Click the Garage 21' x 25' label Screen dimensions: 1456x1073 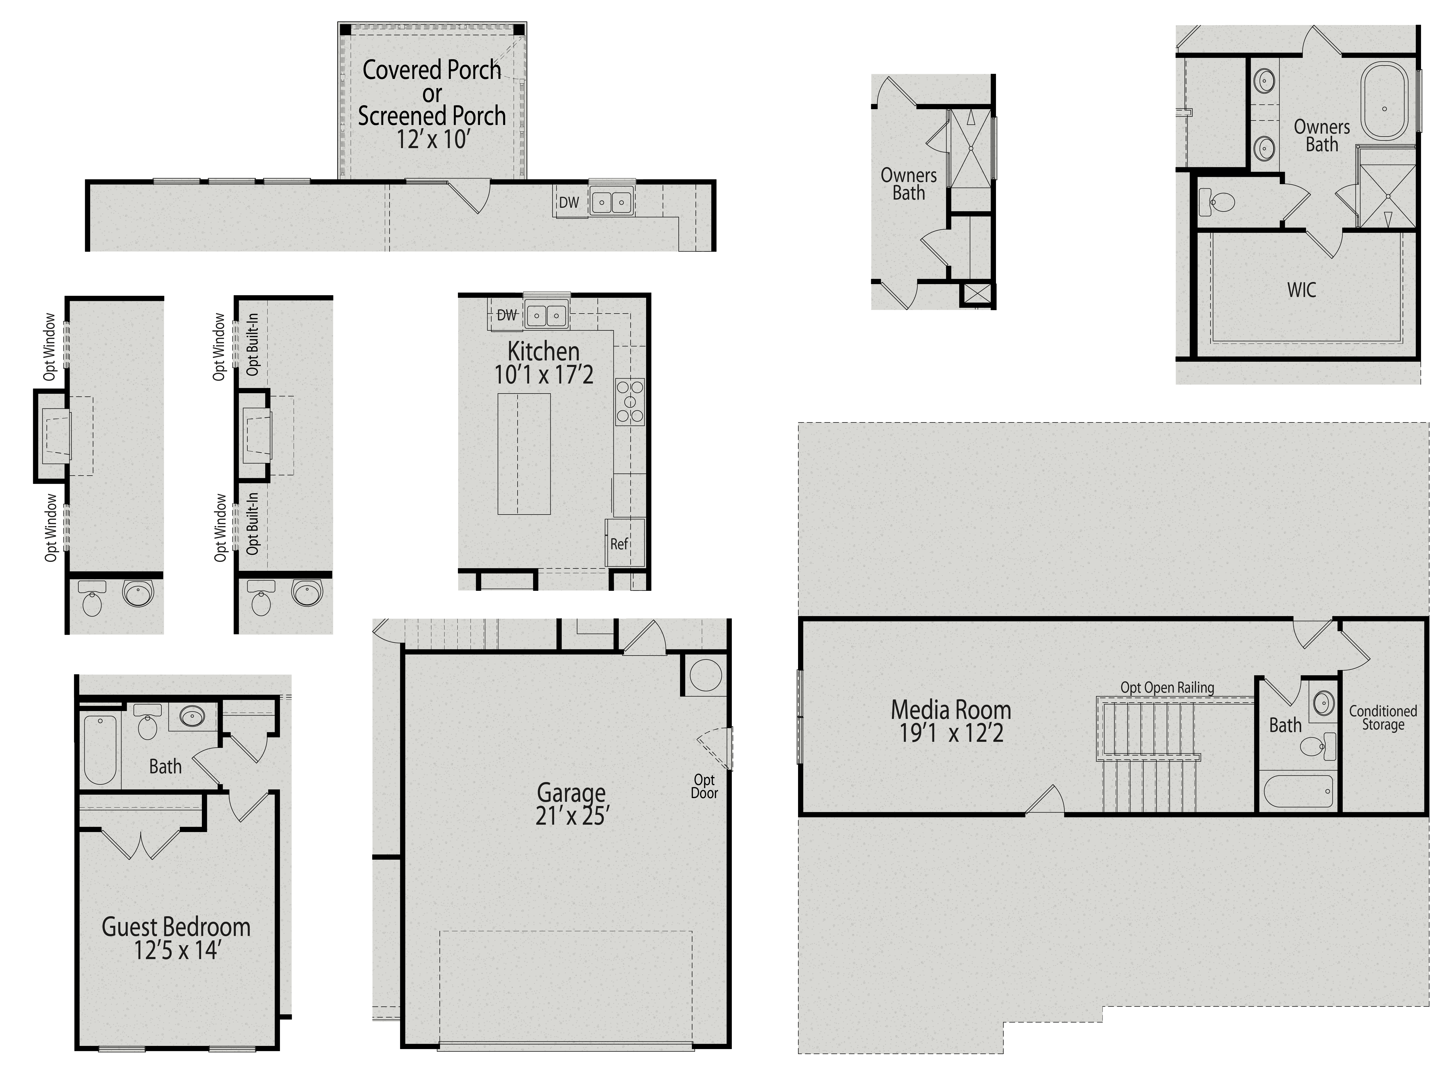tap(571, 804)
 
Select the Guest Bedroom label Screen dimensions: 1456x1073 tap(176, 927)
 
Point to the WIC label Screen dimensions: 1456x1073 tap(1301, 290)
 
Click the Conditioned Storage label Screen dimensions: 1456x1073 tap(1383, 718)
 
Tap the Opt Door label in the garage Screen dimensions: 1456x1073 tap(704, 787)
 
